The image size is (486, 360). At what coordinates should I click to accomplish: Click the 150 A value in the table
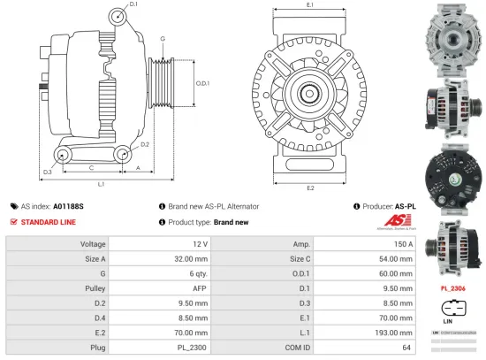[405, 243]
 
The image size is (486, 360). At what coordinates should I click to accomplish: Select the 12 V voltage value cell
[200, 243]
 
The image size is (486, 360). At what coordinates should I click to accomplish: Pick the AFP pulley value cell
[200, 287]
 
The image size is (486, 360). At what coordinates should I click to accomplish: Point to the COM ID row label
[296, 348]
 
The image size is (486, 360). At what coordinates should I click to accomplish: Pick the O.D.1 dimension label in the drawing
[201, 84]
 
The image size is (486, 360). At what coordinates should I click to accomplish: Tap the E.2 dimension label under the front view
[310, 188]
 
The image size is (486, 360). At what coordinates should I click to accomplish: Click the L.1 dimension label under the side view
[102, 183]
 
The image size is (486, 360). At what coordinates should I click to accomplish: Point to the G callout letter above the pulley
[163, 39]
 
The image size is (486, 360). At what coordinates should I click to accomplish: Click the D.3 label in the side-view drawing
[47, 171]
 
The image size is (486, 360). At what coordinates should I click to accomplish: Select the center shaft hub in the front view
[310, 93]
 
